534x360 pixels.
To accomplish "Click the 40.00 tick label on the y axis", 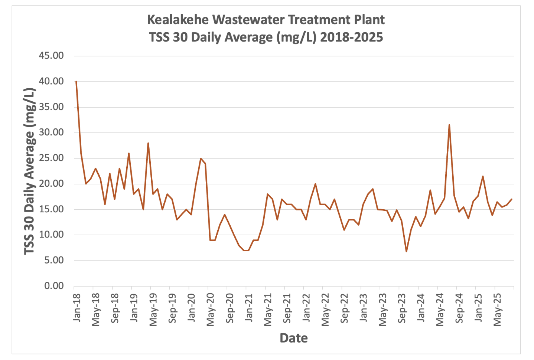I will pos(51,81).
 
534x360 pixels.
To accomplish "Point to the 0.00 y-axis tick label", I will pos(54,286).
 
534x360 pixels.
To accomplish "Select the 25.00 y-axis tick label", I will pos(51,158).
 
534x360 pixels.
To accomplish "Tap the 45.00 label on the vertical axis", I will pos(51,56).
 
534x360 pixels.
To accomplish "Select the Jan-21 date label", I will pos(249,308).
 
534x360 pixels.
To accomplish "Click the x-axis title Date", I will pos(293,338).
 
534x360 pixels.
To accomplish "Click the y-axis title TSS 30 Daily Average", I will pos(30,171).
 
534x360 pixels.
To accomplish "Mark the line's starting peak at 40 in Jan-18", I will pos(76,81).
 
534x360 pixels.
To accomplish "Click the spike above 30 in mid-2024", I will pos(449,125).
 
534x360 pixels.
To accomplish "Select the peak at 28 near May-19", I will pos(148,143).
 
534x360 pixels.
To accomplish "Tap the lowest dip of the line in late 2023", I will pos(406,252).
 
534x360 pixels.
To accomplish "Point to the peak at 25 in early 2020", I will pos(201,158).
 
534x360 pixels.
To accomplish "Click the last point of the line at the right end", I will pos(512,199).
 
